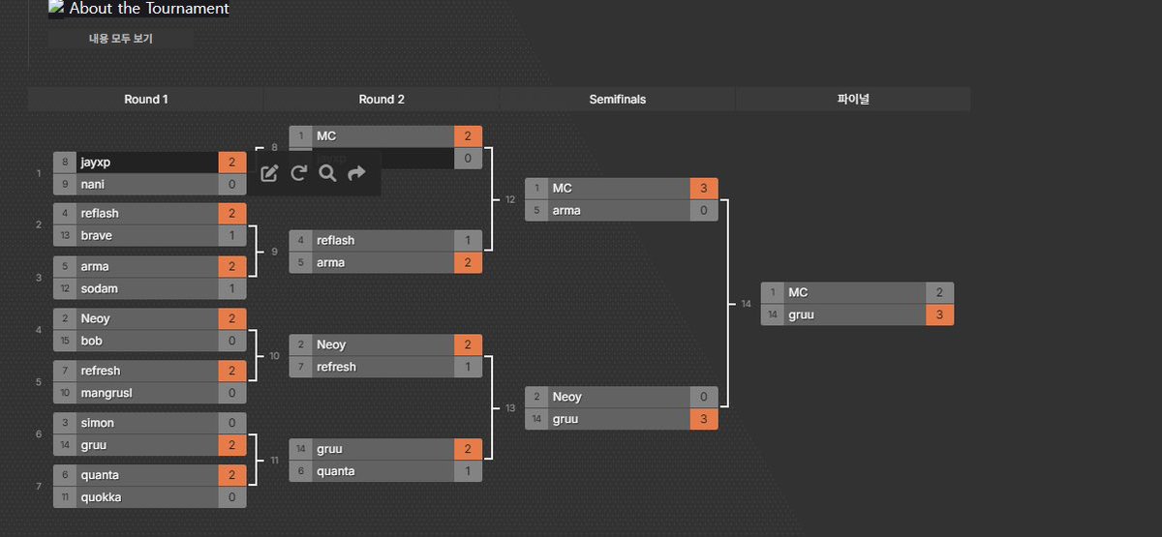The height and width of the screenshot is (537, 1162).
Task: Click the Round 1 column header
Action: click(x=145, y=100)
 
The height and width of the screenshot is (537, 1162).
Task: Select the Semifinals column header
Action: click(x=617, y=100)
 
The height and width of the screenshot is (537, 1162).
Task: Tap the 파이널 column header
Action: click(x=853, y=100)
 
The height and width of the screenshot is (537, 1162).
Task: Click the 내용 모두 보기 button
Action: click(x=121, y=39)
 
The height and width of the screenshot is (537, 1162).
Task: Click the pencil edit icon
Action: click(x=270, y=173)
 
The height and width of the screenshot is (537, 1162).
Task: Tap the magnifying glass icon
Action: click(x=327, y=173)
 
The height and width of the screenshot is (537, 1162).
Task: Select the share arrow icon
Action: click(x=356, y=173)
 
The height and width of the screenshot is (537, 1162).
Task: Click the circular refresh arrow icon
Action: click(x=298, y=173)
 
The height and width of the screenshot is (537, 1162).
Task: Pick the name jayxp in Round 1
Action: click(x=97, y=163)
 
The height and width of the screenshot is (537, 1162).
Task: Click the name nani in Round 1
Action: click(x=93, y=184)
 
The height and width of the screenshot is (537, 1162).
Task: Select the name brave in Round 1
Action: click(x=97, y=235)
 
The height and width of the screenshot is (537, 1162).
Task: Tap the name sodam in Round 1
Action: click(x=100, y=288)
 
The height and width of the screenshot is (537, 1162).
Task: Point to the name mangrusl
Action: click(x=107, y=393)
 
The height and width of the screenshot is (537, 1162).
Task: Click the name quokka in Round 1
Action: click(x=102, y=497)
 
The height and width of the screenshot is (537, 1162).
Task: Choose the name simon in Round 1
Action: click(x=98, y=423)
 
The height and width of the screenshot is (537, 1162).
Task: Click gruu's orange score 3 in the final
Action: click(x=939, y=315)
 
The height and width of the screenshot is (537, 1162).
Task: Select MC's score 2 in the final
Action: click(x=939, y=292)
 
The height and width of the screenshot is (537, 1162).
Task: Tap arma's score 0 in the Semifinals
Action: click(x=704, y=210)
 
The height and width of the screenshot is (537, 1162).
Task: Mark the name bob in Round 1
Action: click(x=92, y=341)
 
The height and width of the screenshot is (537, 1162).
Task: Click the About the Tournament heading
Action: click(x=149, y=9)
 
